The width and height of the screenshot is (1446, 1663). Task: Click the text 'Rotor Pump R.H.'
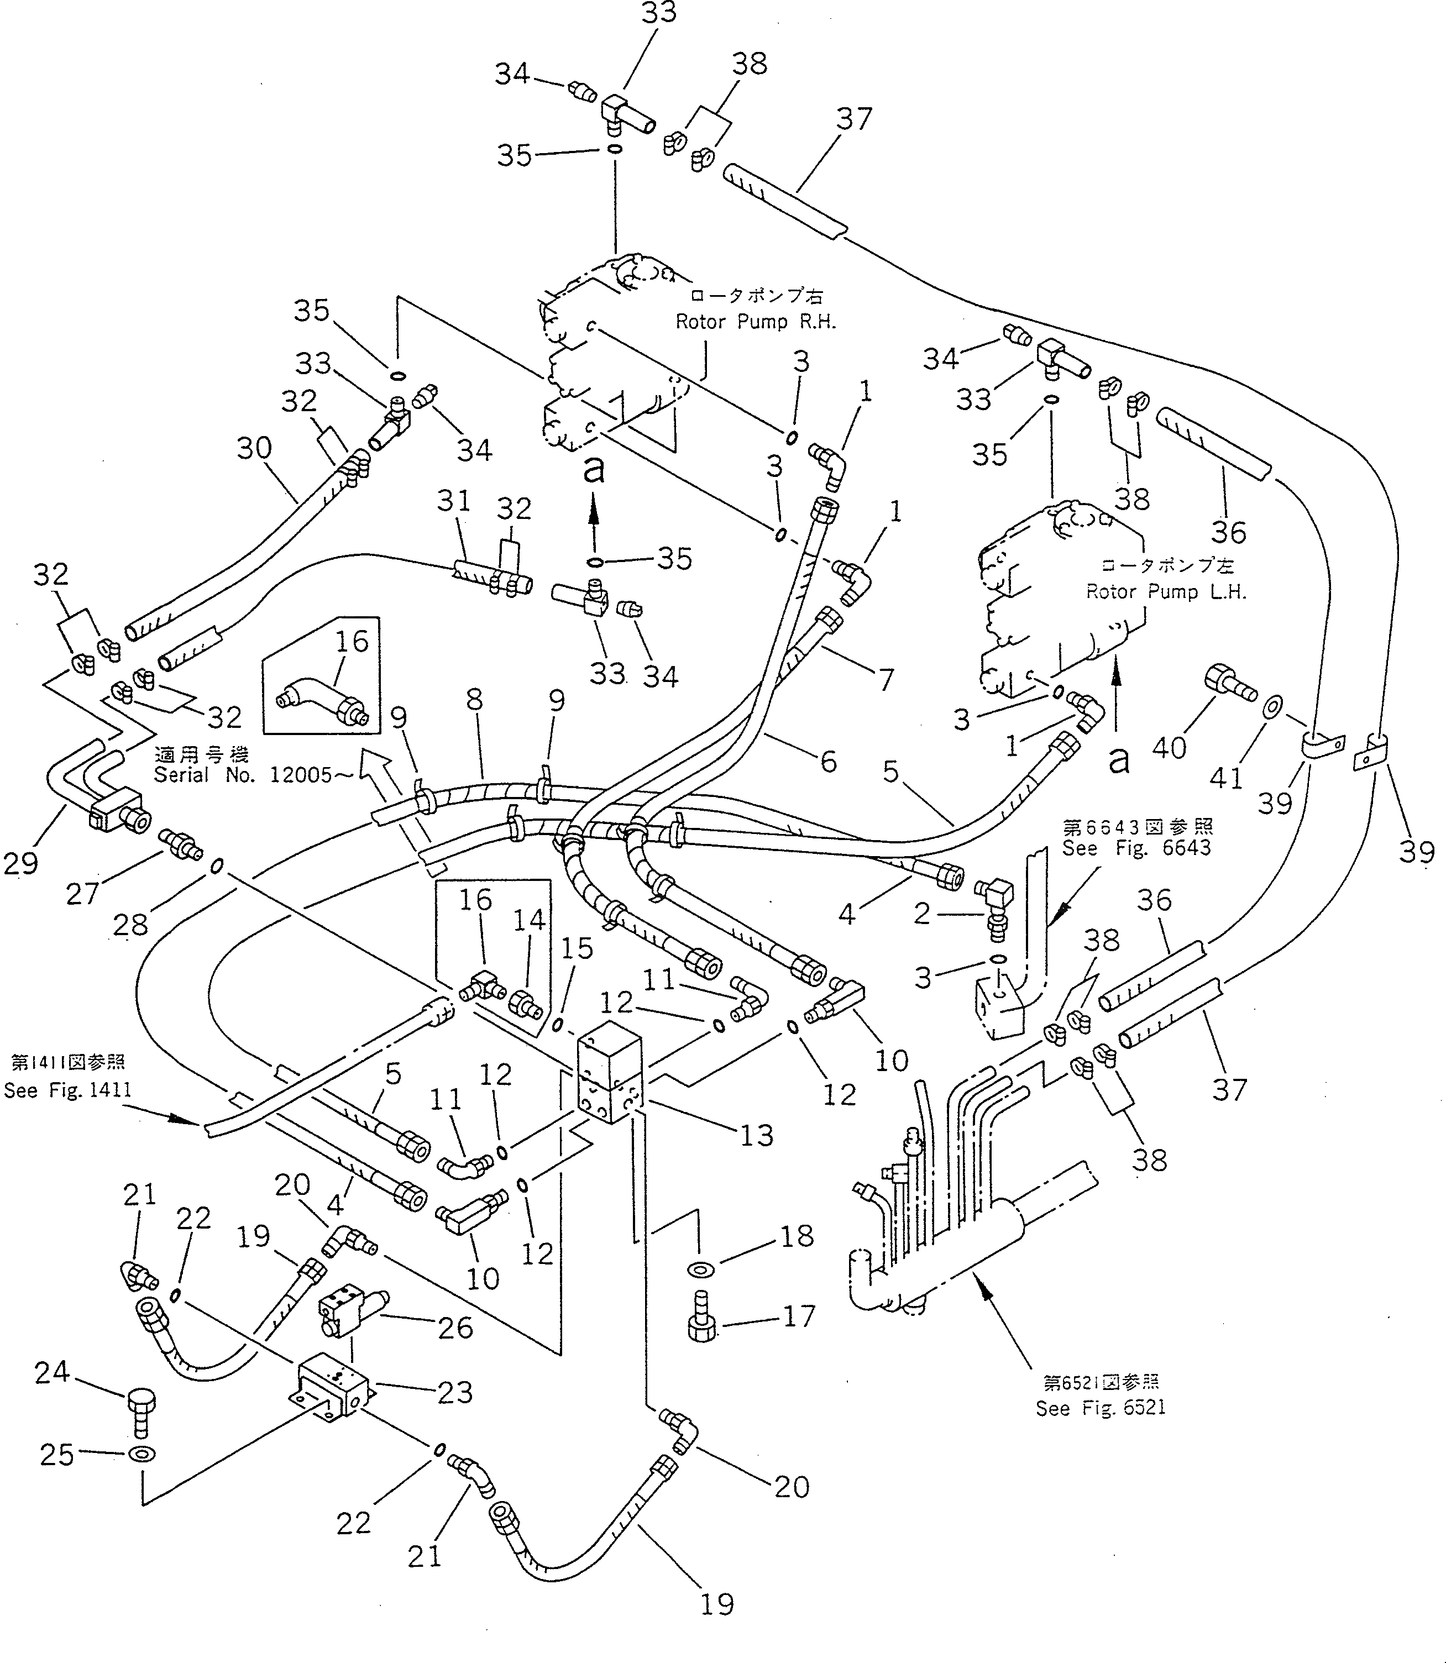pyautogui.click(x=755, y=322)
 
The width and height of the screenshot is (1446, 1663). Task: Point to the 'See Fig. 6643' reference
pyautogui.click(x=1136, y=848)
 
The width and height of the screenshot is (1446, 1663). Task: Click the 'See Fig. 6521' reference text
pyautogui.click(x=1101, y=1408)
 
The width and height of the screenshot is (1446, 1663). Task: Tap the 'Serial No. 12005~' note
pyautogui.click(x=253, y=775)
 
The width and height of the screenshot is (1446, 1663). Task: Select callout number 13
pyautogui.click(x=756, y=1136)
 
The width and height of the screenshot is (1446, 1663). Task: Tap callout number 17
pyautogui.click(x=799, y=1317)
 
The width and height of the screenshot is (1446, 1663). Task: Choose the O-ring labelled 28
pyautogui.click(x=216, y=867)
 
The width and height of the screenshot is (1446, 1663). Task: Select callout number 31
pyautogui.click(x=453, y=501)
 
